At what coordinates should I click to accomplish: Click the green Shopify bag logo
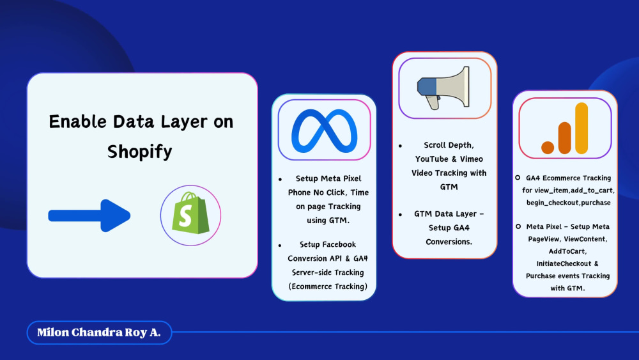point(190,214)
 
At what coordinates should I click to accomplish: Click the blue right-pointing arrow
point(89,216)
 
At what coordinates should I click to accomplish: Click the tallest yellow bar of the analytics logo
point(581,129)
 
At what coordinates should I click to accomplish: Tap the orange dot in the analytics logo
point(548,148)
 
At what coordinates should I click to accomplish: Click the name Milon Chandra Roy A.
point(99,333)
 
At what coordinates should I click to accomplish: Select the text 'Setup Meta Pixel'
point(328,178)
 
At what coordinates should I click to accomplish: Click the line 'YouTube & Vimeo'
point(449,159)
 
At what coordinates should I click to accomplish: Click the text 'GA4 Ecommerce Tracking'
point(568,178)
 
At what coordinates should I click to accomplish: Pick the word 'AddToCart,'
point(559,251)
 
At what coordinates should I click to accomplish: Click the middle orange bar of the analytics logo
point(564,137)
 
